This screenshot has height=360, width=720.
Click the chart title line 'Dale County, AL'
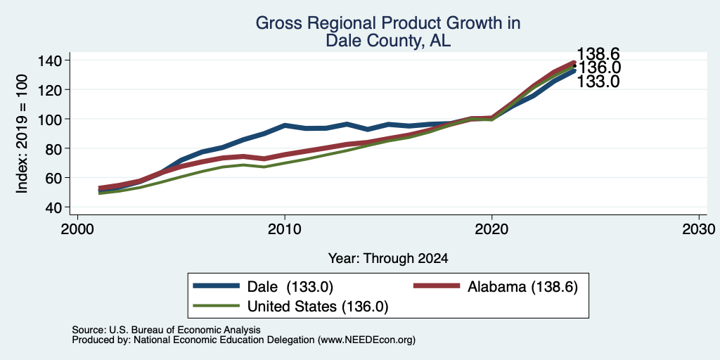[x=388, y=41]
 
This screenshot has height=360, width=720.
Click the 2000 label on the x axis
[x=77, y=229]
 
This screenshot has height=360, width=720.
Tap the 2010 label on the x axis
[x=285, y=229]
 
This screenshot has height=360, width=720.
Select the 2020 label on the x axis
[x=491, y=229]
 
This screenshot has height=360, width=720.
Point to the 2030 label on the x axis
[x=699, y=229]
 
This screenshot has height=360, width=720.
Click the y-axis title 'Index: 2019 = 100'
[x=22, y=134]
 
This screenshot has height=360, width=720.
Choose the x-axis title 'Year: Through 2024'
[x=388, y=259]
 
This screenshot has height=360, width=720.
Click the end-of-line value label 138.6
[x=598, y=53]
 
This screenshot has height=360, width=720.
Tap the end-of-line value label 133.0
[x=598, y=82]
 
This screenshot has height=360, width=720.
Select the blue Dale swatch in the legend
[x=217, y=286]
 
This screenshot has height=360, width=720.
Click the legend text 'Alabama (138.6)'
[x=522, y=287]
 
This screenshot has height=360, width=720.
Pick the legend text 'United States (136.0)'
[x=318, y=307]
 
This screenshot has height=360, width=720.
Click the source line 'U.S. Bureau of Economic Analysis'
[x=185, y=330]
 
